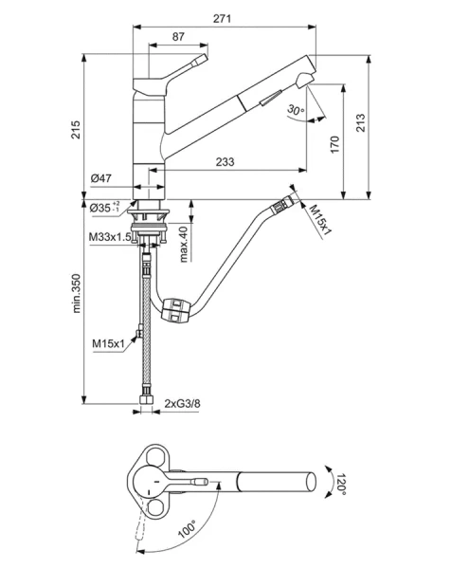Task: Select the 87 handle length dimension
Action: pos(178,36)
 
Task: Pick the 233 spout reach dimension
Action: pos(225,162)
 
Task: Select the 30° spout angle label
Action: pos(295,112)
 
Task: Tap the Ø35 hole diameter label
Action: pos(103,208)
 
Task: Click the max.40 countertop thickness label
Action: pos(183,244)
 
